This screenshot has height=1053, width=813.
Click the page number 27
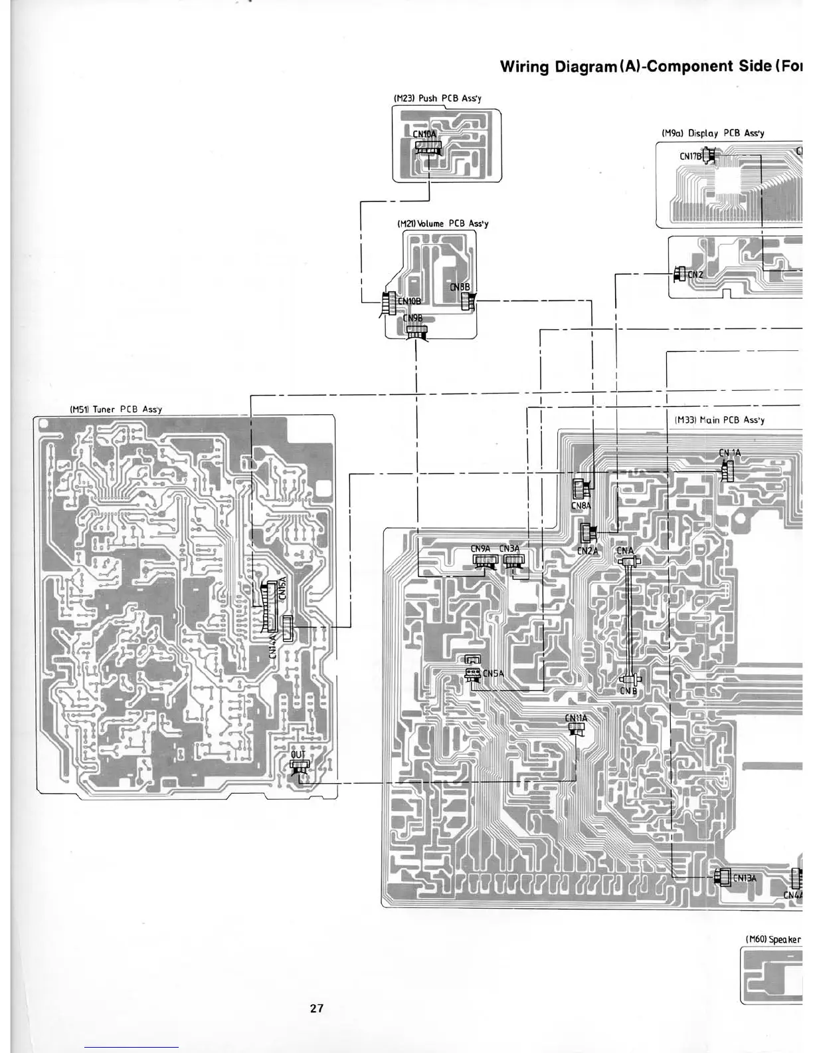(317, 1008)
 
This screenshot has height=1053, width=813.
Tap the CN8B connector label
(460, 287)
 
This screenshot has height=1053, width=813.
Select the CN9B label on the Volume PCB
(413, 318)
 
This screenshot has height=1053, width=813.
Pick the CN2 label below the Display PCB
(695, 274)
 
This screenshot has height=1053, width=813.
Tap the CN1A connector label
(729, 453)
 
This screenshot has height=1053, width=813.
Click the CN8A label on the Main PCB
(581, 506)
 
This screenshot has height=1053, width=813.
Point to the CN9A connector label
(480, 548)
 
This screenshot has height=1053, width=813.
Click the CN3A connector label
(509, 548)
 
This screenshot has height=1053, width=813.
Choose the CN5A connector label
(493, 673)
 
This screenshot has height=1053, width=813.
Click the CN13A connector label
(745, 877)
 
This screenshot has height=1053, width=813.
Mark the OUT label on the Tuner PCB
(298, 755)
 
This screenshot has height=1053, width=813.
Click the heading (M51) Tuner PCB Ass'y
(116, 409)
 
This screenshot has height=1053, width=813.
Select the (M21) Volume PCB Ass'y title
(442, 223)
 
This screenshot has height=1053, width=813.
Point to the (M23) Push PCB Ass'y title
(438, 98)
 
